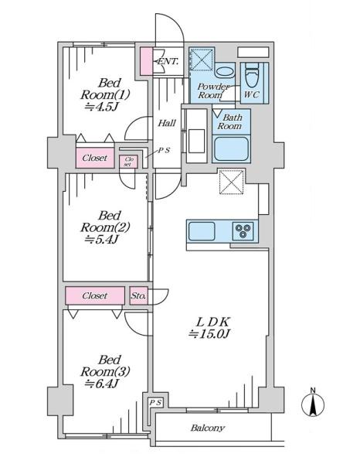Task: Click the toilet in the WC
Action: tap(252, 75)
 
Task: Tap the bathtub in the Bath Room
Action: tap(231, 148)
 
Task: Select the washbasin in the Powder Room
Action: tap(224, 72)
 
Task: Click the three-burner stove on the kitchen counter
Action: tap(243, 230)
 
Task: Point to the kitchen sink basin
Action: tap(202, 231)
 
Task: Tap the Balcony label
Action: tap(207, 428)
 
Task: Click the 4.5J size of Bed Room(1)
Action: tap(101, 107)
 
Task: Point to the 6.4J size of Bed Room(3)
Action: tap(101, 384)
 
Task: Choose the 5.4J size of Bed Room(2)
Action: tap(101, 239)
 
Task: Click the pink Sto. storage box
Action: tap(138, 295)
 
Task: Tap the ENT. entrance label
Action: tap(168, 62)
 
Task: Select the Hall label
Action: tap(167, 123)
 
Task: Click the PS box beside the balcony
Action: tap(155, 402)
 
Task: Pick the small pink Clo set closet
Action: tap(128, 162)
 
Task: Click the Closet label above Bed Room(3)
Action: tap(94, 295)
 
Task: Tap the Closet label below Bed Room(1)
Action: tap(94, 158)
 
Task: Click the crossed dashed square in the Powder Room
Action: tap(202, 60)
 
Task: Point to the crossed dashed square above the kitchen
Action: tap(232, 182)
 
